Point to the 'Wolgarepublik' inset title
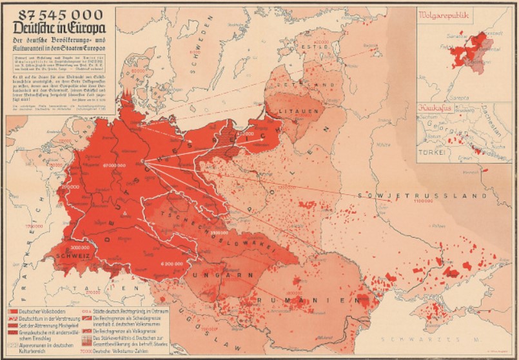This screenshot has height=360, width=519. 445,15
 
